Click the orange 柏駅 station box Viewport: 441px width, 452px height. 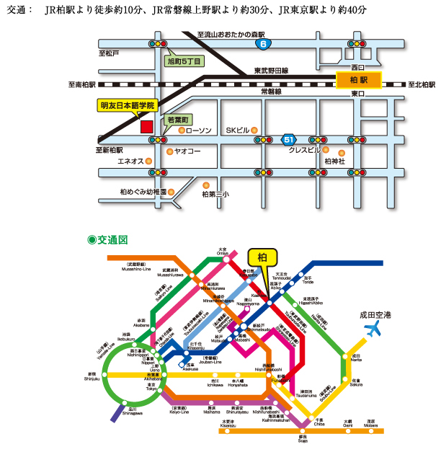(x=359, y=79)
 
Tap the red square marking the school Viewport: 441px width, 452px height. (x=146, y=125)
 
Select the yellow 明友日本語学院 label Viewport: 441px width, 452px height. (x=128, y=105)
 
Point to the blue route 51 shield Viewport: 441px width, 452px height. (x=289, y=138)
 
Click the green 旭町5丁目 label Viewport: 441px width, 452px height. (x=183, y=62)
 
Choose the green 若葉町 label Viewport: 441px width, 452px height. (x=177, y=119)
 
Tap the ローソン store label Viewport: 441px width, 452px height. (x=199, y=130)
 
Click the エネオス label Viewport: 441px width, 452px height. (x=130, y=161)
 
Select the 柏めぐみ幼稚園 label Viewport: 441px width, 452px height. (x=143, y=192)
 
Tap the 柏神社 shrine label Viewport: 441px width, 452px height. (x=335, y=161)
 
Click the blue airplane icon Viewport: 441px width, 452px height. (x=374, y=330)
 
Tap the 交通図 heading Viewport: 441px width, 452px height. (x=107, y=239)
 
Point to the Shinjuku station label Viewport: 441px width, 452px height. (x=92, y=376)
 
